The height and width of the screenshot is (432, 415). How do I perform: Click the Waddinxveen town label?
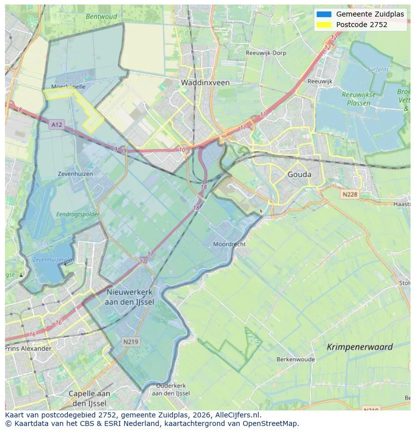(205, 82)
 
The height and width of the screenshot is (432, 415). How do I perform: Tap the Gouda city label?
(299, 175)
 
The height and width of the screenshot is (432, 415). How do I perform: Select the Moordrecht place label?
(229, 244)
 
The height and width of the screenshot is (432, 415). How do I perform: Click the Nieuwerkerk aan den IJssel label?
(130, 297)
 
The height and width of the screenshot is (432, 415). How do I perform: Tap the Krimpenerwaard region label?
(359, 347)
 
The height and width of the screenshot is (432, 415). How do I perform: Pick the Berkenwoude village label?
(295, 359)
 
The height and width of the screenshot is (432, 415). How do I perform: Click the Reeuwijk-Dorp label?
(265, 53)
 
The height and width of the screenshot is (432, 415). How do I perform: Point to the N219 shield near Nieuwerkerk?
(131, 341)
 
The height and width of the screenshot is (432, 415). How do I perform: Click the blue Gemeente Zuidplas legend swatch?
(324, 14)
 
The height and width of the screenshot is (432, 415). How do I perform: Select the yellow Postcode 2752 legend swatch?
(324, 25)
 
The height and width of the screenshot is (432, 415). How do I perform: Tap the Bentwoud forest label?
(101, 17)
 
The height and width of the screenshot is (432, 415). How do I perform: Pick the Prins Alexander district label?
(28, 348)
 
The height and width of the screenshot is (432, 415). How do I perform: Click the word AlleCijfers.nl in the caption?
(238, 415)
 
